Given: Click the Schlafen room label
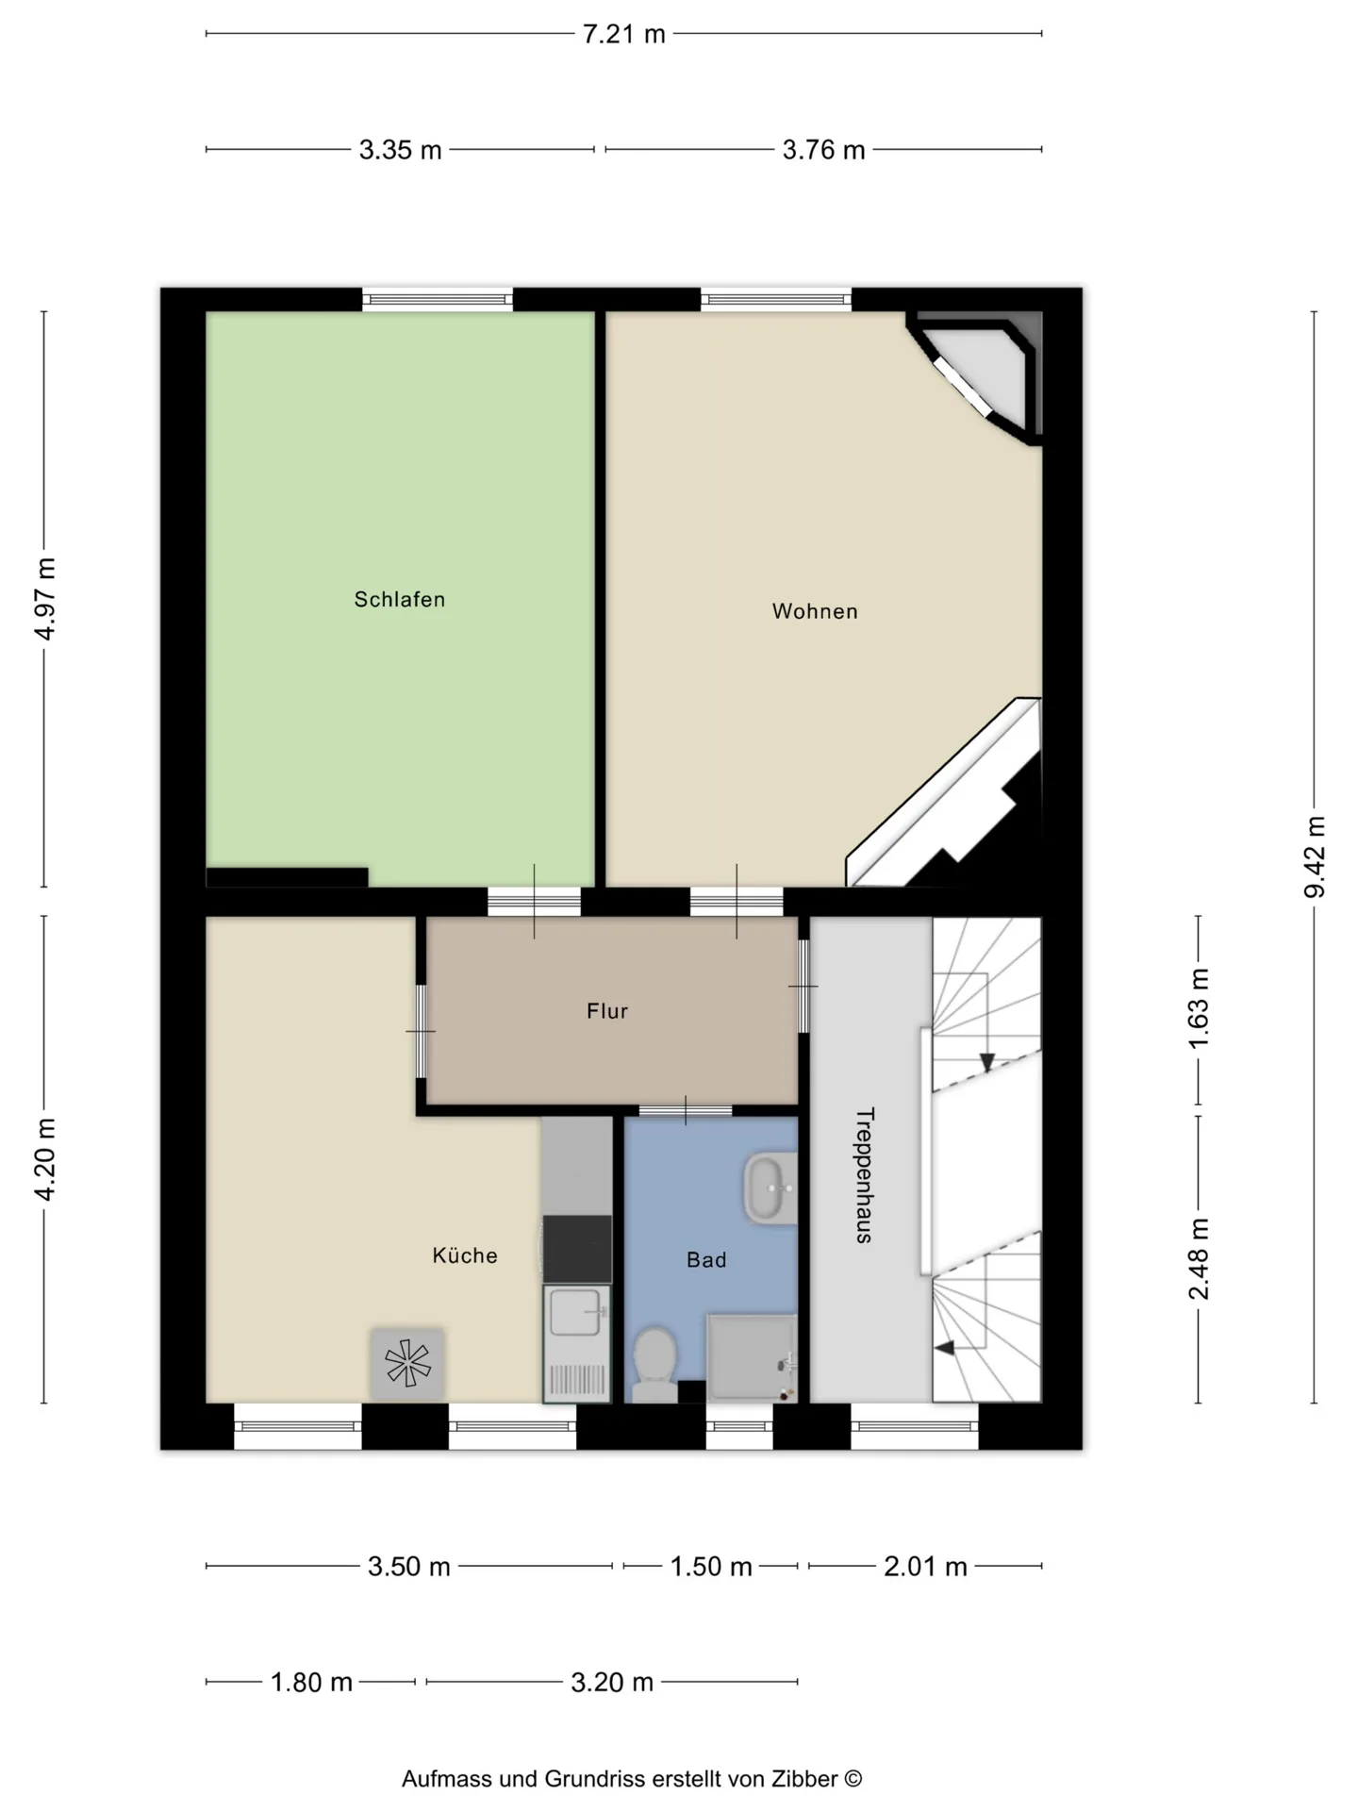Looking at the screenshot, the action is pyautogui.click(x=399, y=599).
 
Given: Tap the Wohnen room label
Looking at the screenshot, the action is pyautogui.click(x=815, y=611).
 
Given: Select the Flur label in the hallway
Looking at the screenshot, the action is pyautogui.click(x=607, y=1011).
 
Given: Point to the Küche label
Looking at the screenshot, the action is pyautogui.click(x=465, y=1255).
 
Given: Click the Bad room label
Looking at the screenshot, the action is pyautogui.click(x=706, y=1260).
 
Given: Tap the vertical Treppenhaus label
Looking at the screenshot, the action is pyautogui.click(x=864, y=1175).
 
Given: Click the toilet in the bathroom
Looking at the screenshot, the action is pyautogui.click(x=654, y=1364).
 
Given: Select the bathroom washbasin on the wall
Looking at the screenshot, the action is pyautogui.click(x=770, y=1188).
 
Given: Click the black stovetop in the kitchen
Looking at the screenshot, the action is pyautogui.click(x=577, y=1249).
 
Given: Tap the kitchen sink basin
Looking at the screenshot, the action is pyautogui.click(x=575, y=1313).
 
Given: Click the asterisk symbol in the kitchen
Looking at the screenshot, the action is pyautogui.click(x=407, y=1363).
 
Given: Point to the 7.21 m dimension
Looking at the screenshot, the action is pyautogui.click(x=623, y=34).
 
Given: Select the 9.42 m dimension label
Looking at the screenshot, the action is pyautogui.click(x=1315, y=857).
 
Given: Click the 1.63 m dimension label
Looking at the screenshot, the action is pyautogui.click(x=1199, y=1008).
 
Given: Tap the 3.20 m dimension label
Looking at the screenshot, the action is pyautogui.click(x=612, y=1682).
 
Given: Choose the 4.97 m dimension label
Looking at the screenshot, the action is pyautogui.click(x=44, y=599).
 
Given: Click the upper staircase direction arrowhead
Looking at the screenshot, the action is pyautogui.click(x=986, y=1063).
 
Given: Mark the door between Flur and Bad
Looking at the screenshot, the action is pyautogui.click(x=686, y=1110).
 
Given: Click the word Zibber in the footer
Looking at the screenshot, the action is pyautogui.click(x=804, y=1779).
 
